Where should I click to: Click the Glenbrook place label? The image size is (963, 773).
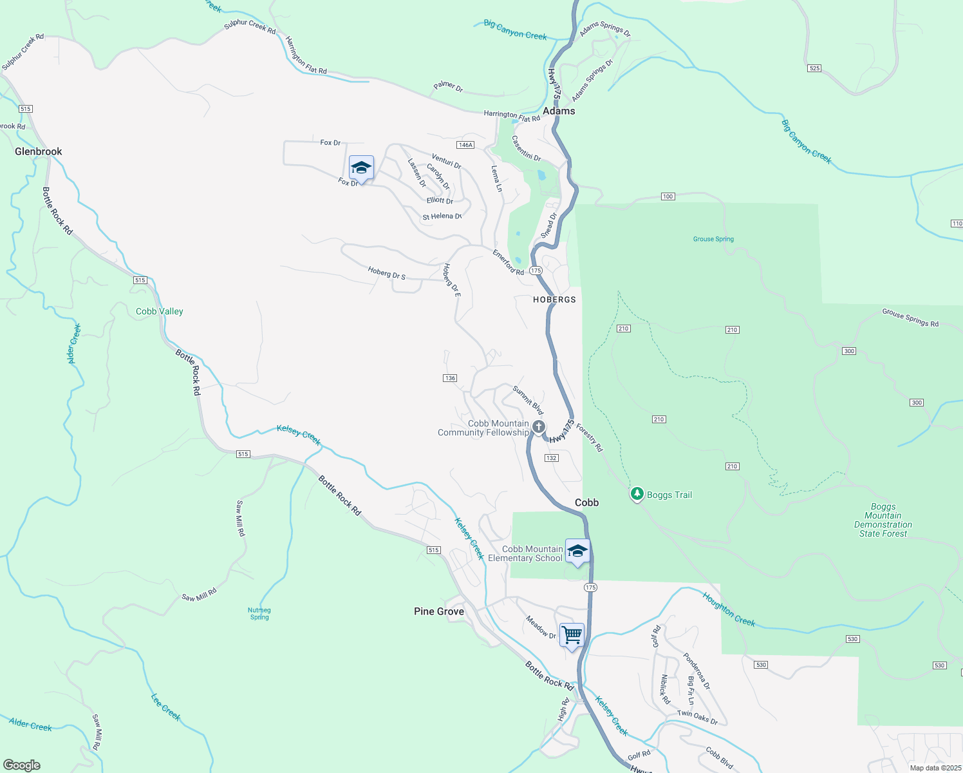[39, 151]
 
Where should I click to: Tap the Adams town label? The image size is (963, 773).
[559, 111]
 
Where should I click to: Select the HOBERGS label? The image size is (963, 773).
[554, 300]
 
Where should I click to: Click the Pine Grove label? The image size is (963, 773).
[439, 611]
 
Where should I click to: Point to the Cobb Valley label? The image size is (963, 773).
[160, 311]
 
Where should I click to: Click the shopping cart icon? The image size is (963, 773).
[572, 635]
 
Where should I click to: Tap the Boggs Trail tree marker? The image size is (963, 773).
[637, 494]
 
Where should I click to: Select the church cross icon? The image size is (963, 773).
[539, 426]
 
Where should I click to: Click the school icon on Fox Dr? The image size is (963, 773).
[361, 167]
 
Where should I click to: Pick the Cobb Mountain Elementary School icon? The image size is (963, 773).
[577, 551]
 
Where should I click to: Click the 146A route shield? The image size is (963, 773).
[465, 145]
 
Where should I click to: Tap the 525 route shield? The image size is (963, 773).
[814, 68]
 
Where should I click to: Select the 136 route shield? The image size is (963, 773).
[450, 378]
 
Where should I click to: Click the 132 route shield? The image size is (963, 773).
[551, 458]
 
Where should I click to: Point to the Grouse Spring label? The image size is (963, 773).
[713, 239]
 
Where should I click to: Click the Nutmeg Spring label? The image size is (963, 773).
[259, 613]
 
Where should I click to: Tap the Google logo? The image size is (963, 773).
[22, 765]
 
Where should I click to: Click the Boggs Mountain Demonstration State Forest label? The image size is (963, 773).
[883, 520]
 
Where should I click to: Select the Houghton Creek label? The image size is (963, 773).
[729, 609]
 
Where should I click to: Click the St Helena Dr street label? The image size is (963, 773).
[442, 216]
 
